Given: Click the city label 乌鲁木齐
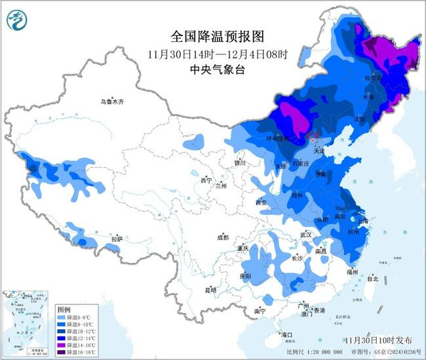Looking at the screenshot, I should [111, 102].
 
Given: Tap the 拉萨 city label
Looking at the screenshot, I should [117, 239].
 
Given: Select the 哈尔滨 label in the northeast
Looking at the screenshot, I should [373, 77].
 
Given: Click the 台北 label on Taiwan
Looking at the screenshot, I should [372, 279].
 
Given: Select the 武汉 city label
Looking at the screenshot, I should [306, 234].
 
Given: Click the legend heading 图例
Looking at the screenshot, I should [64, 309].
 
